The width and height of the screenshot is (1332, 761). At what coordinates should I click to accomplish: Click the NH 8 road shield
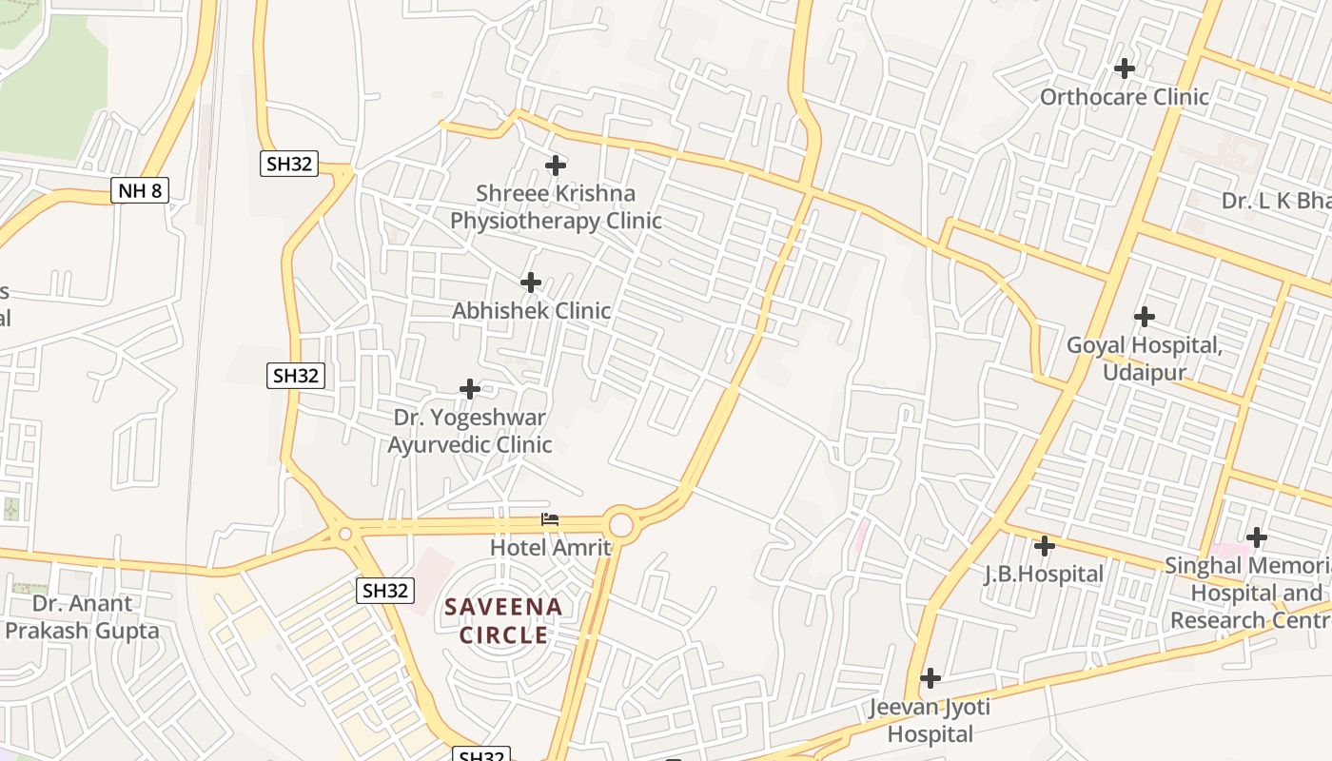pyautogui.click(x=141, y=190)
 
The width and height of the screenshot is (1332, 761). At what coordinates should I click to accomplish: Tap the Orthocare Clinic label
pyautogui.click(x=1124, y=97)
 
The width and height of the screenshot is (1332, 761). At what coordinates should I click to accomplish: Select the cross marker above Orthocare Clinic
pyautogui.click(x=1125, y=68)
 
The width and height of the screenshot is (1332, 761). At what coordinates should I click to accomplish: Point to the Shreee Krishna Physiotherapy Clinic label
pyautogui.click(x=556, y=207)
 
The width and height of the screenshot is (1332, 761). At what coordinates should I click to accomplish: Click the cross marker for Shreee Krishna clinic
pyautogui.click(x=556, y=166)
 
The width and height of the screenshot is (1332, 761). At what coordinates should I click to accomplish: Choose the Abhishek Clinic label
pyautogui.click(x=531, y=311)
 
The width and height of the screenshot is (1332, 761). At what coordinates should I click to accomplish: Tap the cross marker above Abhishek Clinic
pyautogui.click(x=531, y=283)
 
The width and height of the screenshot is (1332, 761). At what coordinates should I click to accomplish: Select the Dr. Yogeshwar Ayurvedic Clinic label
pyautogui.click(x=470, y=431)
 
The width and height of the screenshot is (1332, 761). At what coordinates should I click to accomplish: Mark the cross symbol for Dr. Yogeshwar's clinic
pyautogui.click(x=470, y=389)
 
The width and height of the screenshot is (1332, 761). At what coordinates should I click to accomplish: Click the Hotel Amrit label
pyautogui.click(x=550, y=547)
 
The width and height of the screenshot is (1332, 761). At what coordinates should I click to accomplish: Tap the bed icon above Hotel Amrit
pyautogui.click(x=550, y=519)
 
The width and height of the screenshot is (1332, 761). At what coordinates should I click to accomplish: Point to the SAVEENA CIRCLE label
pyautogui.click(x=504, y=620)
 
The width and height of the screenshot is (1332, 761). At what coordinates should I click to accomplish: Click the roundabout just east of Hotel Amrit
pyautogui.click(x=620, y=524)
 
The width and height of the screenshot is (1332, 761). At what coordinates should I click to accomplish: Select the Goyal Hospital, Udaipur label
pyautogui.click(x=1144, y=359)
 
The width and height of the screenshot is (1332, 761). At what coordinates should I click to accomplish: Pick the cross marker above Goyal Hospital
pyautogui.click(x=1145, y=316)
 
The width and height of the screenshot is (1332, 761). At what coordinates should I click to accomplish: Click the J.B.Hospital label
pyautogui.click(x=1044, y=575)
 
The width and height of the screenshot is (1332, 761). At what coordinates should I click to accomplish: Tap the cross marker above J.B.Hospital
pyautogui.click(x=1045, y=546)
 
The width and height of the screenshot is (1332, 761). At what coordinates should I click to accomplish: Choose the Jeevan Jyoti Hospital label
pyautogui.click(x=930, y=720)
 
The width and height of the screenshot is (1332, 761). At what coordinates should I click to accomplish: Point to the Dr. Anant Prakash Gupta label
pyautogui.click(x=82, y=616)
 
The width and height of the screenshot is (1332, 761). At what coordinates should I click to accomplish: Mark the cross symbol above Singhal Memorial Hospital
pyautogui.click(x=1257, y=537)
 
